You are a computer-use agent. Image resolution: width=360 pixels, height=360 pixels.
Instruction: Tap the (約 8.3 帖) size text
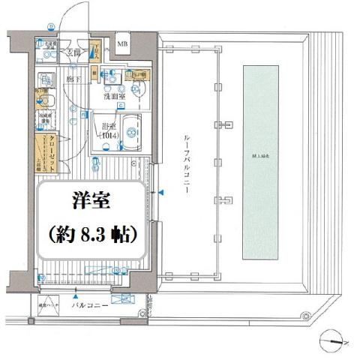[89, 235]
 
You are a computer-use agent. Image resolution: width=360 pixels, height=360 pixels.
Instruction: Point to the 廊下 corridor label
[72, 78]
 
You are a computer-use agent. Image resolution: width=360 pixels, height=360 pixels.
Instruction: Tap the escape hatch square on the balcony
[47, 306]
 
